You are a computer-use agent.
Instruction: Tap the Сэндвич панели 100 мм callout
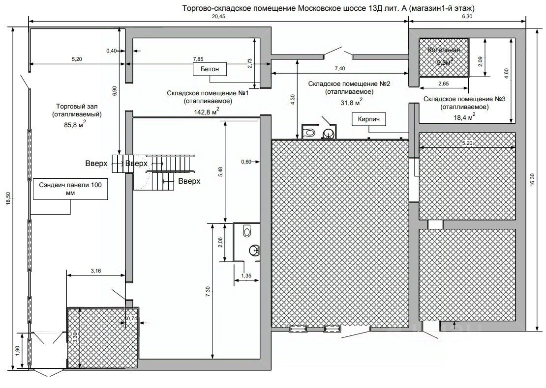(x=71, y=190)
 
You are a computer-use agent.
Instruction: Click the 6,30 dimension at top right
(x=467, y=16)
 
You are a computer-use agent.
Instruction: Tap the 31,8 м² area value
(x=350, y=102)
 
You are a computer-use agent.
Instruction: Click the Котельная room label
(x=444, y=50)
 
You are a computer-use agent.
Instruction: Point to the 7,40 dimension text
(x=339, y=68)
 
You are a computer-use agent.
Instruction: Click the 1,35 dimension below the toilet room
(x=246, y=277)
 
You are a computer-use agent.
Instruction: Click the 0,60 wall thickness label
(x=246, y=161)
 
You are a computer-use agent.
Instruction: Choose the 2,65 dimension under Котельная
(x=443, y=84)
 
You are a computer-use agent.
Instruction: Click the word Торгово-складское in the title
(x=212, y=8)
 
